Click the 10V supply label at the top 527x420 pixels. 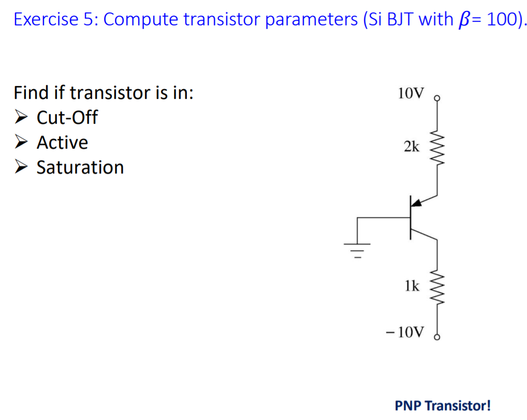point(411,94)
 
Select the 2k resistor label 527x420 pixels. point(412,147)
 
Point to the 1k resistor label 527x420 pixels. point(412,285)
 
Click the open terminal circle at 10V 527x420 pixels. point(437,98)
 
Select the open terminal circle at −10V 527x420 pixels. point(437,337)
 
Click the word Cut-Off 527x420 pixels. point(67,118)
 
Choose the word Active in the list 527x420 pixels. point(62,142)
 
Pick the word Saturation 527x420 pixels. point(80,167)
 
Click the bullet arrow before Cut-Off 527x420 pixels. point(21,118)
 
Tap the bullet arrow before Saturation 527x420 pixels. point(21,167)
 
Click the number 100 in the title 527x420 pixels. point(497,19)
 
